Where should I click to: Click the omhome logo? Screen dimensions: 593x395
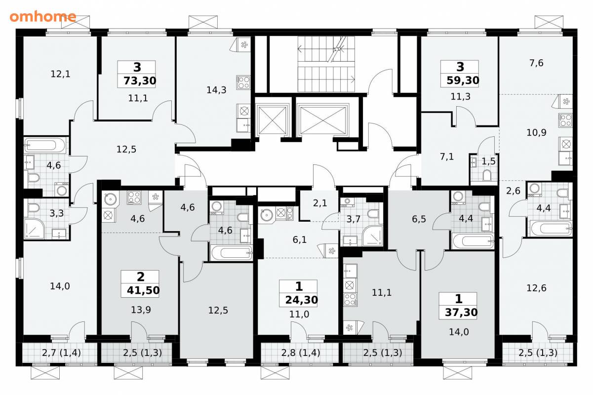click(x=43, y=16)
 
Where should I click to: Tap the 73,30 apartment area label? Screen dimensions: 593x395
click(x=140, y=80)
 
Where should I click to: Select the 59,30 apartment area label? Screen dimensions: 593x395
click(x=463, y=80)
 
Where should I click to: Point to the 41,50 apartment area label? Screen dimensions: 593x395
click(x=143, y=290)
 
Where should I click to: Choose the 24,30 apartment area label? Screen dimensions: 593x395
click(x=302, y=300)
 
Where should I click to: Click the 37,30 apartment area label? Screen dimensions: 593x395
click(x=461, y=313)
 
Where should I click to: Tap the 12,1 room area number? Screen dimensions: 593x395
click(x=61, y=74)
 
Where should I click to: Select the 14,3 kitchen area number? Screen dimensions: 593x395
click(x=217, y=90)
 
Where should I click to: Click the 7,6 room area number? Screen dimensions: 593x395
click(x=536, y=63)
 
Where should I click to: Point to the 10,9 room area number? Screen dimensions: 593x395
click(x=536, y=132)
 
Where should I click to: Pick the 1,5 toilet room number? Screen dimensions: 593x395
click(x=488, y=161)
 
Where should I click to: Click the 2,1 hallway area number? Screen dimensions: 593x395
click(x=320, y=203)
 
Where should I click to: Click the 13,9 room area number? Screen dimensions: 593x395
click(x=141, y=310)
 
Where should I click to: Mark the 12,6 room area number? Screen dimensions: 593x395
click(x=536, y=288)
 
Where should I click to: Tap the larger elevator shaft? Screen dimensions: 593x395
click(x=322, y=120)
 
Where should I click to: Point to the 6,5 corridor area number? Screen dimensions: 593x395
click(x=419, y=219)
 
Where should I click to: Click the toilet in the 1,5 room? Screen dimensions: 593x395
click(x=487, y=175)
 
